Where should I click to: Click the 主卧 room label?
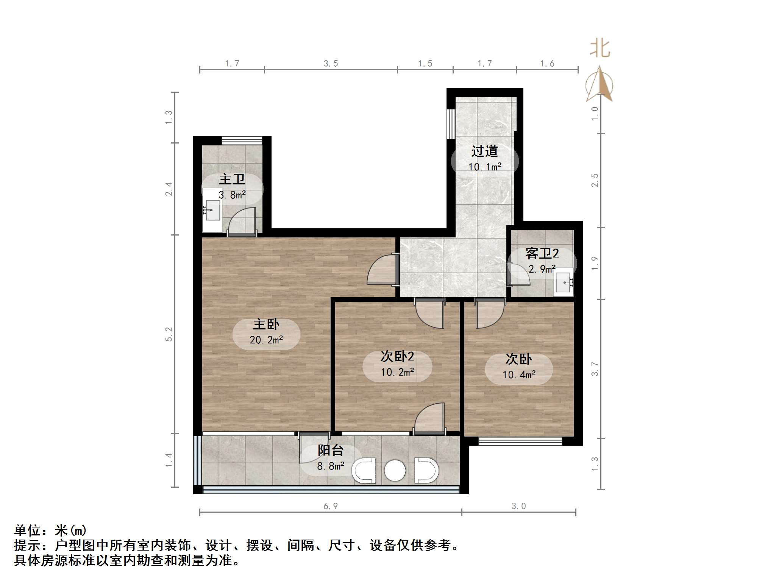click(x=266, y=324)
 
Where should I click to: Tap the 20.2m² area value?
click(x=266, y=340)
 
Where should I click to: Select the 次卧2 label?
click(x=397, y=356)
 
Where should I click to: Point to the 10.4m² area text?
click(x=518, y=375)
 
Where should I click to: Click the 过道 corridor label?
click(x=484, y=151)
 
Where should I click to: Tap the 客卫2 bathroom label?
click(x=542, y=253)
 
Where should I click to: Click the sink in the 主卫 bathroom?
click(x=212, y=210)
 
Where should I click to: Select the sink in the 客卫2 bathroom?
click(x=564, y=282)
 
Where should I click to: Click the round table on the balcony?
click(x=395, y=471)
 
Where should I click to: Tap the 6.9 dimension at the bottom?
click(x=330, y=506)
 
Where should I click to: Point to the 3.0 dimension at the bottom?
click(x=518, y=506)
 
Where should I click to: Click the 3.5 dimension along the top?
click(x=331, y=64)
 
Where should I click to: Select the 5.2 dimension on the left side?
click(x=169, y=334)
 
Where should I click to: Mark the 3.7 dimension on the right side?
click(x=595, y=369)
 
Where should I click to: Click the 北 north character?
click(x=600, y=49)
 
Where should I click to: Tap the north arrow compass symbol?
click(x=599, y=84)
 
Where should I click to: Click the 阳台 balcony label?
click(x=330, y=450)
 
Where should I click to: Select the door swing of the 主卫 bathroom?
click(x=242, y=221)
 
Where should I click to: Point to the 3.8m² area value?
click(x=232, y=195)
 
